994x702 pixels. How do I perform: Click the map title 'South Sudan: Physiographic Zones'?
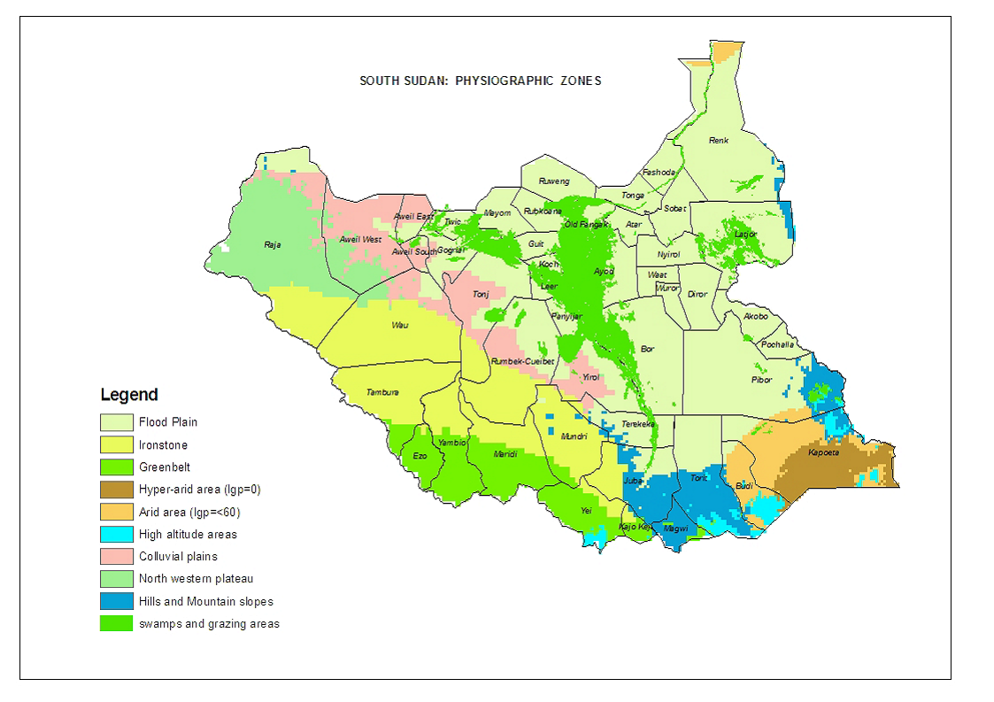pos(480,81)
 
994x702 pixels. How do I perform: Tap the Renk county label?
pos(719,141)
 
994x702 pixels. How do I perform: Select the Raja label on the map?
pos(273,245)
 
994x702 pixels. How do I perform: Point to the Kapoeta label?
pos(823,453)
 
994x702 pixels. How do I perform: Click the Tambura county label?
pos(382,393)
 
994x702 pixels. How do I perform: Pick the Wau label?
pos(400,326)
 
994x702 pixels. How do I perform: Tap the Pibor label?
pos(761,379)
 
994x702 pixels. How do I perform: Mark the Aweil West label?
pos(361,240)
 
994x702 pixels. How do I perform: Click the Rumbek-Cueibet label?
pos(522,361)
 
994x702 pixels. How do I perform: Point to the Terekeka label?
pos(638,424)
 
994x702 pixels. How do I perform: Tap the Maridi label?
pos(505,455)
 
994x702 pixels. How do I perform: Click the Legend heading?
pos(129,395)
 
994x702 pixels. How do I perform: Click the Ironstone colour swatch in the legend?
pos(116,445)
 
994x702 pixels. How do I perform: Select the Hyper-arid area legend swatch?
pos(116,490)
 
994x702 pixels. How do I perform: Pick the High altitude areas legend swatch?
pos(116,535)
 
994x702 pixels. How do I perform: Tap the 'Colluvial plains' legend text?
pos(178,557)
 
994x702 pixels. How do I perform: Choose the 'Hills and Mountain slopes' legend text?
pos(205,602)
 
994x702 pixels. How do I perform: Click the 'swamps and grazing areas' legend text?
pos(209,624)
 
